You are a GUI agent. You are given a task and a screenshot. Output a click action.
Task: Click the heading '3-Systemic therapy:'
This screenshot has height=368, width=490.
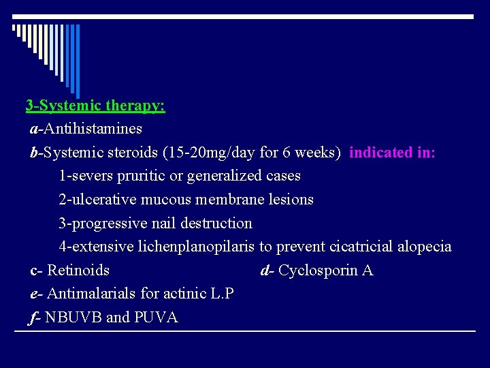[x=95, y=106]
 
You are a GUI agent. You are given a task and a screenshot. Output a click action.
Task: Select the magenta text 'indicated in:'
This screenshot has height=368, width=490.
[x=392, y=152]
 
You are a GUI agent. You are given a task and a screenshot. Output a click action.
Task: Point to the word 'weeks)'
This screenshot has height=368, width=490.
[x=319, y=152]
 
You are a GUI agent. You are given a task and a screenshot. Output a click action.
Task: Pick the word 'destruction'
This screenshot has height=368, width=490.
[x=218, y=224]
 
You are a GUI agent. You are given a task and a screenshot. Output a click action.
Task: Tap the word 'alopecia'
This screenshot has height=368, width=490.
[x=424, y=247]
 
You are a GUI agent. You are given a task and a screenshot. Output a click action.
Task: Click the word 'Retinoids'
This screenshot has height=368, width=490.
[x=78, y=271]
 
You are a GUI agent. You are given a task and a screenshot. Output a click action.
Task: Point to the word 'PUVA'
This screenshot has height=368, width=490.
[x=157, y=318]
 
